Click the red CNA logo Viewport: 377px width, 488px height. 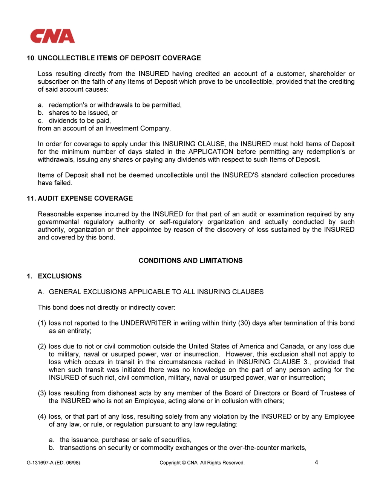pyautogui.click(x=52, y=36)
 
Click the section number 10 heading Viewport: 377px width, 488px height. pyautogui.click(x=31, y=58)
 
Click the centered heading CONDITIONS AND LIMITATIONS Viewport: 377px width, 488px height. pyautogui.click(x=190, y=261)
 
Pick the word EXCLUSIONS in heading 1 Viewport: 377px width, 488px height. pyautogui.click(x=60, y=276)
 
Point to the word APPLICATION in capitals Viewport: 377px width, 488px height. pyautogui.click(x=211, y=152)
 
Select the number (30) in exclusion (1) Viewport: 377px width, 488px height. pyautogui.click(x=244, y=323)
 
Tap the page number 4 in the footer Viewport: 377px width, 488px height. pyautogui.click(x=316, y=462)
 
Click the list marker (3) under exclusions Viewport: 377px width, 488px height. pyautogui.click(x=42, y=393)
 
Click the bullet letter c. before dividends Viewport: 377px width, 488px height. pyautogui.click(x=40, y=121)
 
